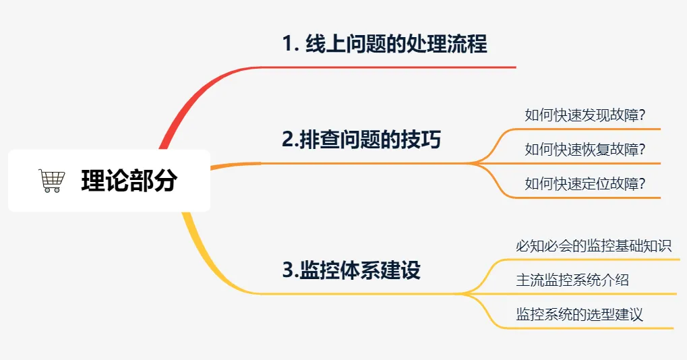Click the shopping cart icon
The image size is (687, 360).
(52, 181)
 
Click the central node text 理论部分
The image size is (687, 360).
(129, 181)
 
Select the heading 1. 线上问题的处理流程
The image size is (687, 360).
(384, 44)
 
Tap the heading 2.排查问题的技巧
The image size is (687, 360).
(361, 140)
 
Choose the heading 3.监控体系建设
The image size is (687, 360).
(351, 270)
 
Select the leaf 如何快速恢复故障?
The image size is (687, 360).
(585, 150)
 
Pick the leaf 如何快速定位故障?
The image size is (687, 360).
(585, 183)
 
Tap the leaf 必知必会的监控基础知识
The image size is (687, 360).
(593, 245)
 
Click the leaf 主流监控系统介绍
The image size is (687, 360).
(572, 280)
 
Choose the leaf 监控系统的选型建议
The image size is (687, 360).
(579, 314)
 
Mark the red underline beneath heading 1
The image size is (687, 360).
(405, 67)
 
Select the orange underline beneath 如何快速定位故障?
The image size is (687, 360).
(593, 198)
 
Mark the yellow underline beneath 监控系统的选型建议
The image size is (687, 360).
(593, 328)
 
